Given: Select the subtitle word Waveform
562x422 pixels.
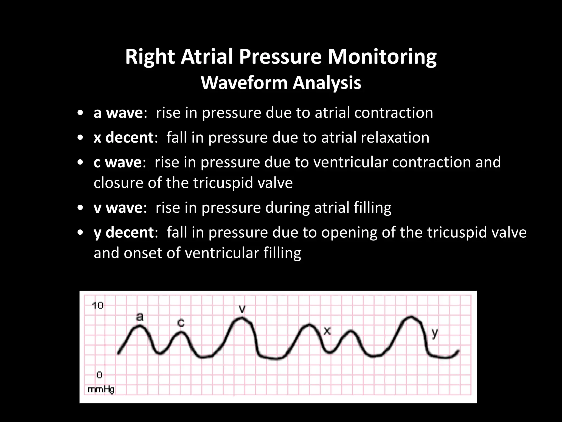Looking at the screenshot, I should pyautogui.click(x=244, y=83).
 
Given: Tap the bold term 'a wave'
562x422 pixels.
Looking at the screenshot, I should pyautogui.click(x=118, y=113).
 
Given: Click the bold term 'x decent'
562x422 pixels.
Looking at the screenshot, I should pyautogui.click(x=123, y=137).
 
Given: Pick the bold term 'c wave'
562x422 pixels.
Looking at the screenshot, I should pyautogui.click(x=117, y=162).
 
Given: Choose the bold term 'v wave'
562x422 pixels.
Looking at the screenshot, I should pyautogui.click(x=118, y=207).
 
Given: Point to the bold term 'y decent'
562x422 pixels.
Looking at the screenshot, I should pyautogui.click(x=123, y=232).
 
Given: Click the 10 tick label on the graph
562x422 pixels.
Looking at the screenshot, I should pyautogui.click(x=98, y=305).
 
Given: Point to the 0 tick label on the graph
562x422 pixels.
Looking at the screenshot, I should pyautogui.click(x=99, y=375).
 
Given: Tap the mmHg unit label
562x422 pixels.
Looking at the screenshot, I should pyautogui.click(x=101, y=390).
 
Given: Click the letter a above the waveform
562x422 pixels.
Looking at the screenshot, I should pyautogui.click(x=140, y=317).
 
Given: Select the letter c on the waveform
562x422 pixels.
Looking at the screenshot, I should pyautogui.click(x=181, y=323).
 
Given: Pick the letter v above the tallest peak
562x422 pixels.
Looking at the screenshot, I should pyautogui.click(x=242, y=309).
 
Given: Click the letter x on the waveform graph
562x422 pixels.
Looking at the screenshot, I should pyautogui.click(x=327, y=331).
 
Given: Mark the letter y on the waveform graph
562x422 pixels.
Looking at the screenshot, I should pyautogui.click(x=434, y=334).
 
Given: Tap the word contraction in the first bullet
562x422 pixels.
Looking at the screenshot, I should pyautogui.click(x=394, y=113).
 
